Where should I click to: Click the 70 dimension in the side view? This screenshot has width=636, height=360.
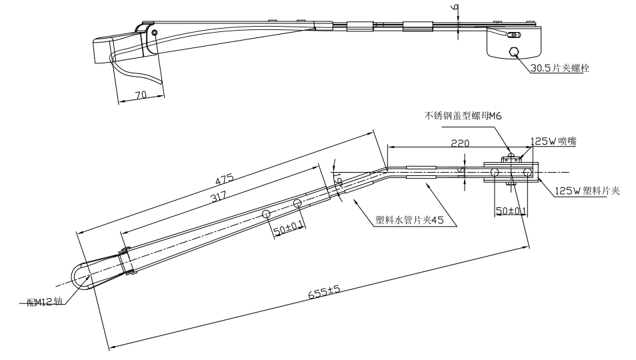[141, 95]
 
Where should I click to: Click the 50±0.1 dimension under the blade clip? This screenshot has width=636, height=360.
[511, 211]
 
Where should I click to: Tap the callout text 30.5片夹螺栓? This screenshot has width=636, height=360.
[560, 68]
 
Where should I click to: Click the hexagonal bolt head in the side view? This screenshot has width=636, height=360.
[515, 52]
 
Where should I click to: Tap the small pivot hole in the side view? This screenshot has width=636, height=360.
[155, 32]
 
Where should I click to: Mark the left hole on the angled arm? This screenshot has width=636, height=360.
[266, 213]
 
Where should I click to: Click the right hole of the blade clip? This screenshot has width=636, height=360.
[527, 173]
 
